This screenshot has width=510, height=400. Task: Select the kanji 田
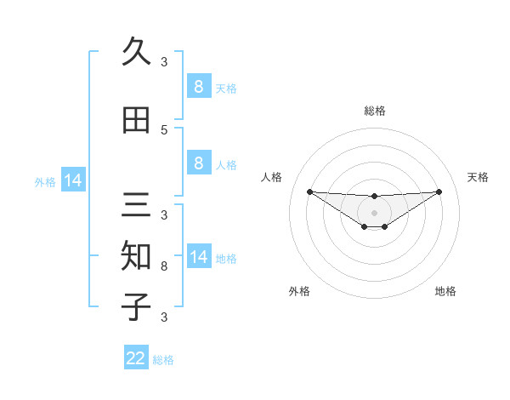pos(136,120)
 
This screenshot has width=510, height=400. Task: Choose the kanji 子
pos(136,306)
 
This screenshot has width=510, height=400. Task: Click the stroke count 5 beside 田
pos(164,130)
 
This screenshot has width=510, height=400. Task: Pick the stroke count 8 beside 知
pos(164,266)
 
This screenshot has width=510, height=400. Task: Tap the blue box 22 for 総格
pos(136,358)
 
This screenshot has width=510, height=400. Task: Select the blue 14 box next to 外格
pos(72,180)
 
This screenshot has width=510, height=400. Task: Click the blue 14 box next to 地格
pos(198,257)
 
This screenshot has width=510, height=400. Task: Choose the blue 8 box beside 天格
pos(198,87)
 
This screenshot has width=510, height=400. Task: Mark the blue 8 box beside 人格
pos(198,163)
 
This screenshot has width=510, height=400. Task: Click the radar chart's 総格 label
pos(374,111)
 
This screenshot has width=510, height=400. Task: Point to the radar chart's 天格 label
pos(479,177)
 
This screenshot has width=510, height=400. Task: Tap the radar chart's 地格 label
pos(445,291)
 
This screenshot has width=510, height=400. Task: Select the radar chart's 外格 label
pos(299,291)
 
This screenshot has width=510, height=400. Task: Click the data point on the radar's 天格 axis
pos(439,191)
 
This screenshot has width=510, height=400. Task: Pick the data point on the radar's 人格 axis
pos(309,191)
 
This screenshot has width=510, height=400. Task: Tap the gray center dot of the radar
pos(374,212)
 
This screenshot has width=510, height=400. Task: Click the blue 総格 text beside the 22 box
pos(163,360)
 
